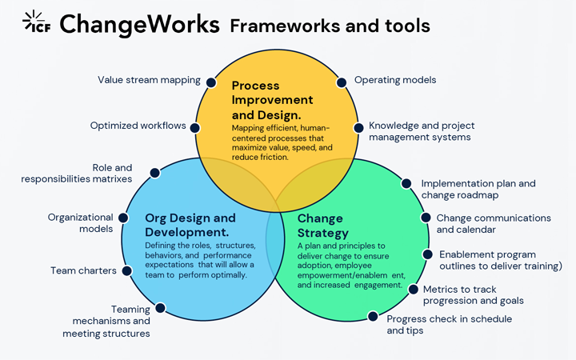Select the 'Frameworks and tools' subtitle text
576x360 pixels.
point(330,26)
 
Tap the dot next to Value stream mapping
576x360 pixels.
point(211,82)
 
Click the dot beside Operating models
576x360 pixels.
point(342,82)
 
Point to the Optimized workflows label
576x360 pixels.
point(138,126)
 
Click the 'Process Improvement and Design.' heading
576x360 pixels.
point(272,100)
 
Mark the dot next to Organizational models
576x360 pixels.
point(123,218)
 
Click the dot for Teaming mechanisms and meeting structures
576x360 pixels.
point(160,307)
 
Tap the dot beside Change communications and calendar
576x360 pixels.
point(424,217)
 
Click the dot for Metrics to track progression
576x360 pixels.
point(414,289)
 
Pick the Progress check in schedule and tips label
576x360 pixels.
point(449,324)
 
